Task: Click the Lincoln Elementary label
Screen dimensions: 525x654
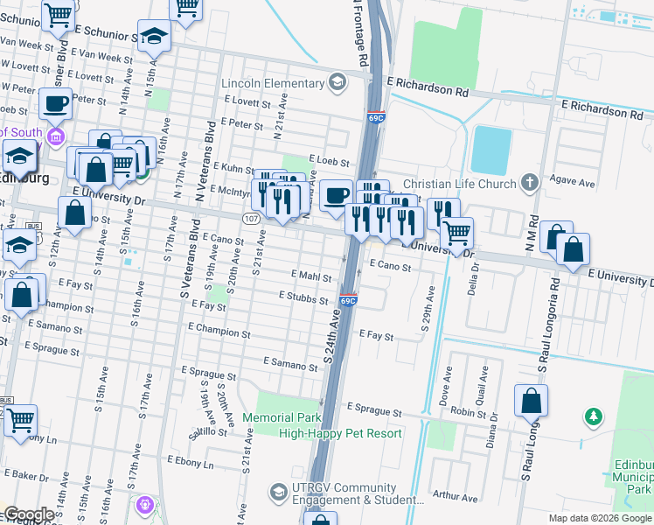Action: coord(273,83)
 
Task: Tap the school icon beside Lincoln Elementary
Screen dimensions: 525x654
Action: coord(337,83)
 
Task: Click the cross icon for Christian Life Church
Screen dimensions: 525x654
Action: coord(528,183)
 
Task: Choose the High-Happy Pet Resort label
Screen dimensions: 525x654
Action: coord(340,433)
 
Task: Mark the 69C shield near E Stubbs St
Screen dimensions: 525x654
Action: coord(347,301)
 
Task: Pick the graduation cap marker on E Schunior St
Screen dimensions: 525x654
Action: coord(154,37)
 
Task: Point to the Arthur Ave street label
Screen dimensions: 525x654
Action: coord(456,498)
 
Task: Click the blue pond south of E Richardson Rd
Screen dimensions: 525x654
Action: coord(491,150)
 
